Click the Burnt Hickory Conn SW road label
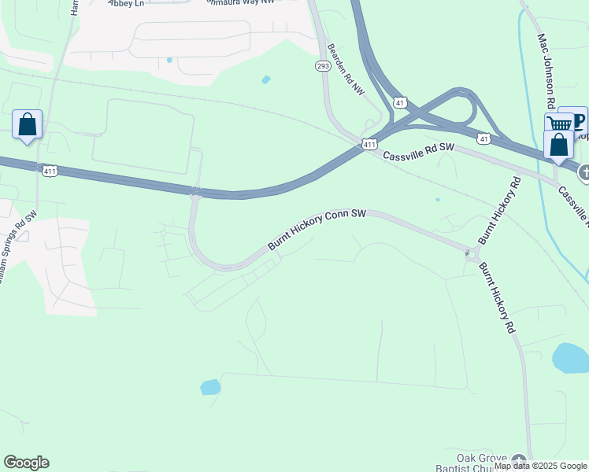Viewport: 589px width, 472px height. [318, 229]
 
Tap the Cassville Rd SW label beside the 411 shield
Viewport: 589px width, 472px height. [420, 151]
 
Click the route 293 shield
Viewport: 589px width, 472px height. [323, 66]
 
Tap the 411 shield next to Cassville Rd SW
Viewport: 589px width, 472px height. [370, 144]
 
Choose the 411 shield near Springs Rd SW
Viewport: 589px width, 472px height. [50, 170]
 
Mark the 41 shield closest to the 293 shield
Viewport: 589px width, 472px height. [400, 102]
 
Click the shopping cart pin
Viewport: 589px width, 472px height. [559, 124]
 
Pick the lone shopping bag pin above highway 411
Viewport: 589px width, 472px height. [28, 124]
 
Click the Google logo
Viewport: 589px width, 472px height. [26, 463]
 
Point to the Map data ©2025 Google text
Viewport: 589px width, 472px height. [540, 466]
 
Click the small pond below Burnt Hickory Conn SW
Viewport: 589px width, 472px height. [209, 386]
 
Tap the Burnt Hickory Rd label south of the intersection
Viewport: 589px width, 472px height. [497, 297]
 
